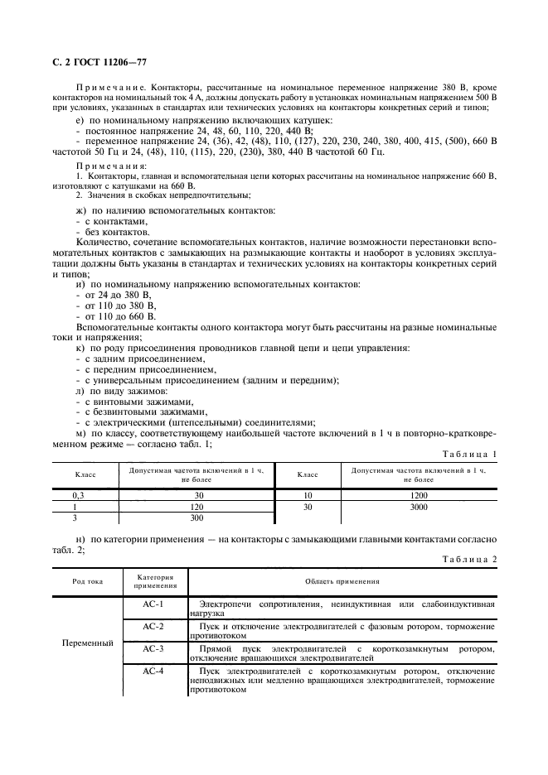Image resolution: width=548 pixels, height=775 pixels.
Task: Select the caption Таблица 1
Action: pyautogui.click(x=470, y=454)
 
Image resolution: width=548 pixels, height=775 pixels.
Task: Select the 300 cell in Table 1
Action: pyautogui.click(x=196, y=517)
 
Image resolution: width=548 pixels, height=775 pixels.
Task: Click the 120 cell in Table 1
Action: pyautogui.click(x=196, y=506)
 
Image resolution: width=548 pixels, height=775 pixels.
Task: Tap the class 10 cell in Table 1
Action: pyautogui.click(x=308, y=495)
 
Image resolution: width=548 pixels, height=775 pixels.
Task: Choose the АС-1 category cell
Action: pyautogui.click(x=153, y=604)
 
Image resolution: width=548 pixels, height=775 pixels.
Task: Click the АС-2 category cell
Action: pyautogui.click(x=153, y=627)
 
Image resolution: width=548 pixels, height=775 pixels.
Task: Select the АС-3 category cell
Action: pyautogui.click(x=153, y=649)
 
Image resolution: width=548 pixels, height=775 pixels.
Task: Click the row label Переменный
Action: pyautogui.click(x=87, y=643)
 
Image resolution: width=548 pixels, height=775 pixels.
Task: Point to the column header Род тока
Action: pyautogui.click(x=87, y=581)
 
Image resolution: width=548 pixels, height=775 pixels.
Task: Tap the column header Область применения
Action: pyautogui.click(x=342, y=581)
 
